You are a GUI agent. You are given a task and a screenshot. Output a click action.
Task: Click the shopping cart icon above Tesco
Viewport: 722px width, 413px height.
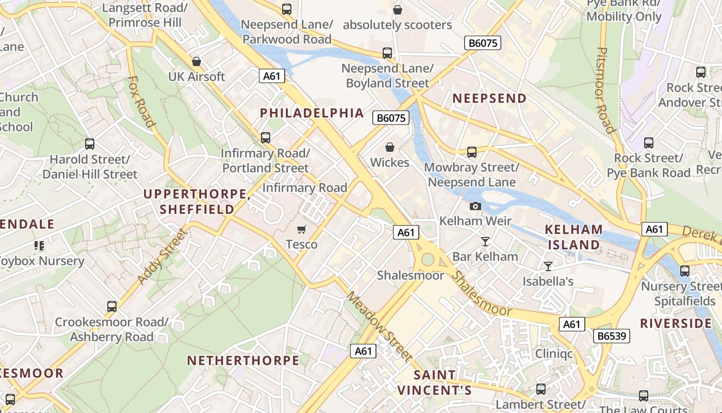[x=301, y=229]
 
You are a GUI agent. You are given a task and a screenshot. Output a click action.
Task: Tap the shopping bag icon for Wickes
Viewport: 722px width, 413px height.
[x=390, y=148]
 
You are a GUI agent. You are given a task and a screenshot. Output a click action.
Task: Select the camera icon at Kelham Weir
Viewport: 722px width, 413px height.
[x=475, y=206]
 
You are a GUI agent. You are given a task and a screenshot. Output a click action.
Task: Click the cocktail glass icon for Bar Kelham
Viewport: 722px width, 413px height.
[x=485, y=241]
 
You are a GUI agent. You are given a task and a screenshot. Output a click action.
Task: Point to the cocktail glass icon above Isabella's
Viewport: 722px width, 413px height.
[x=548, y=266]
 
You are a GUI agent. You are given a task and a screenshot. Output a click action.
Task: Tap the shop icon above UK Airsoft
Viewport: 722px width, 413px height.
[x=196, y=61]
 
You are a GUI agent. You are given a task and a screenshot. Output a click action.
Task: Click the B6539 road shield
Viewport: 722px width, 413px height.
[x=612, y=336]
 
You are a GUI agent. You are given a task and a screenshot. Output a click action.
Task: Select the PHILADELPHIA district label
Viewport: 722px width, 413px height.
[x=311, y=113]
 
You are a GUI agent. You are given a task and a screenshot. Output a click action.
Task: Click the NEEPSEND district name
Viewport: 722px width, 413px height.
[x=489, y=98]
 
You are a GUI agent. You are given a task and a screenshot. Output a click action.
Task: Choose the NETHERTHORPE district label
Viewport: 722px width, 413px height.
[x=243, y=360]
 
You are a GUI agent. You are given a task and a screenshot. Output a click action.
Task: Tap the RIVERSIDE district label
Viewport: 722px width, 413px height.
[x=676, y=324]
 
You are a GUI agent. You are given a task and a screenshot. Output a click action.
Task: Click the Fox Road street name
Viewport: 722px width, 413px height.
[x=141, y=102]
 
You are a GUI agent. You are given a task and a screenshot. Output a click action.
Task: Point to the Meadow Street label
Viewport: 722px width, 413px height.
[x=379, y=326]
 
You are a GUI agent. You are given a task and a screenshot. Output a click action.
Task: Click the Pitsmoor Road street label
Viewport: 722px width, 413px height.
[x=605, y=90]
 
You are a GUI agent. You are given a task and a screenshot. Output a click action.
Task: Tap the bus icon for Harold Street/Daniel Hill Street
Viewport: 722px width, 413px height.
[x=90, y=144]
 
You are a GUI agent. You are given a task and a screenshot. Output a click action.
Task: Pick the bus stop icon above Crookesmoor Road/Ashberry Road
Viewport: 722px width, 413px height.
[x=111, y=307]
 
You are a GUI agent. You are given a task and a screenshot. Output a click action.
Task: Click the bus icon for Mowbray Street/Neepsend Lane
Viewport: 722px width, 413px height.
[x=471, y=152]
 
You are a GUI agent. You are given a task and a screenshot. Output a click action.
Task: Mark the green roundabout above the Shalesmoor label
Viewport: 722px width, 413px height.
[x=428, y=259]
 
